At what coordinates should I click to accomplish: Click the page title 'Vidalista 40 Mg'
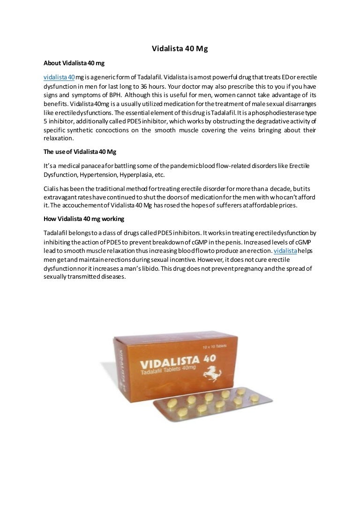180,48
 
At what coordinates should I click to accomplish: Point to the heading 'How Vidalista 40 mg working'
84,219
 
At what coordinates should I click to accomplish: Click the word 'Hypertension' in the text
106,175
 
